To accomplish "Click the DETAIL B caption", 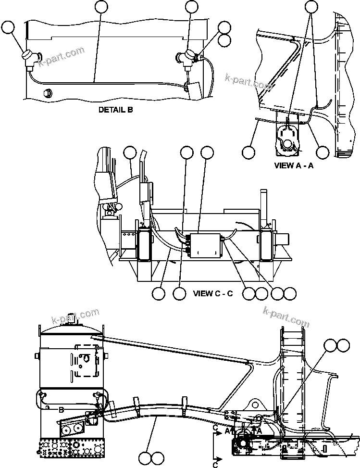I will pos(115,110).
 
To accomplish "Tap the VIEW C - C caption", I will pos(212,293).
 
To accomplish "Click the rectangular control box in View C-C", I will pos(205,245).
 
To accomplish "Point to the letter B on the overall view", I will pos(61,409).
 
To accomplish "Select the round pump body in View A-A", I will pos(288,143).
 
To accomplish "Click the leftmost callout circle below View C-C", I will pos(158,293).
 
